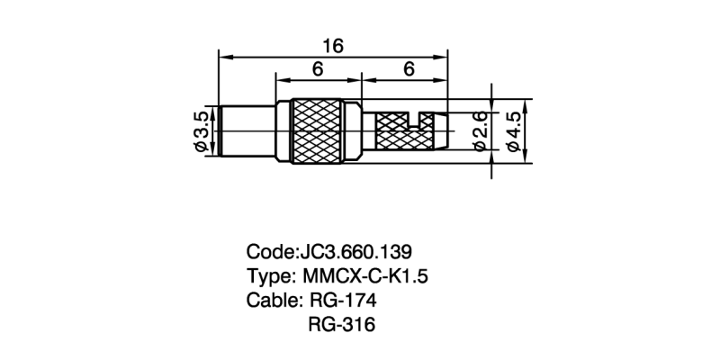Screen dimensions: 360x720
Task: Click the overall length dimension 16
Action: tap(334, 46)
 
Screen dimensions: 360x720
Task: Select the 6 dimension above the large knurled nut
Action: tap(318, 69)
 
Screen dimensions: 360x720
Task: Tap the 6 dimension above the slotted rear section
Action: tap(408, 69)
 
